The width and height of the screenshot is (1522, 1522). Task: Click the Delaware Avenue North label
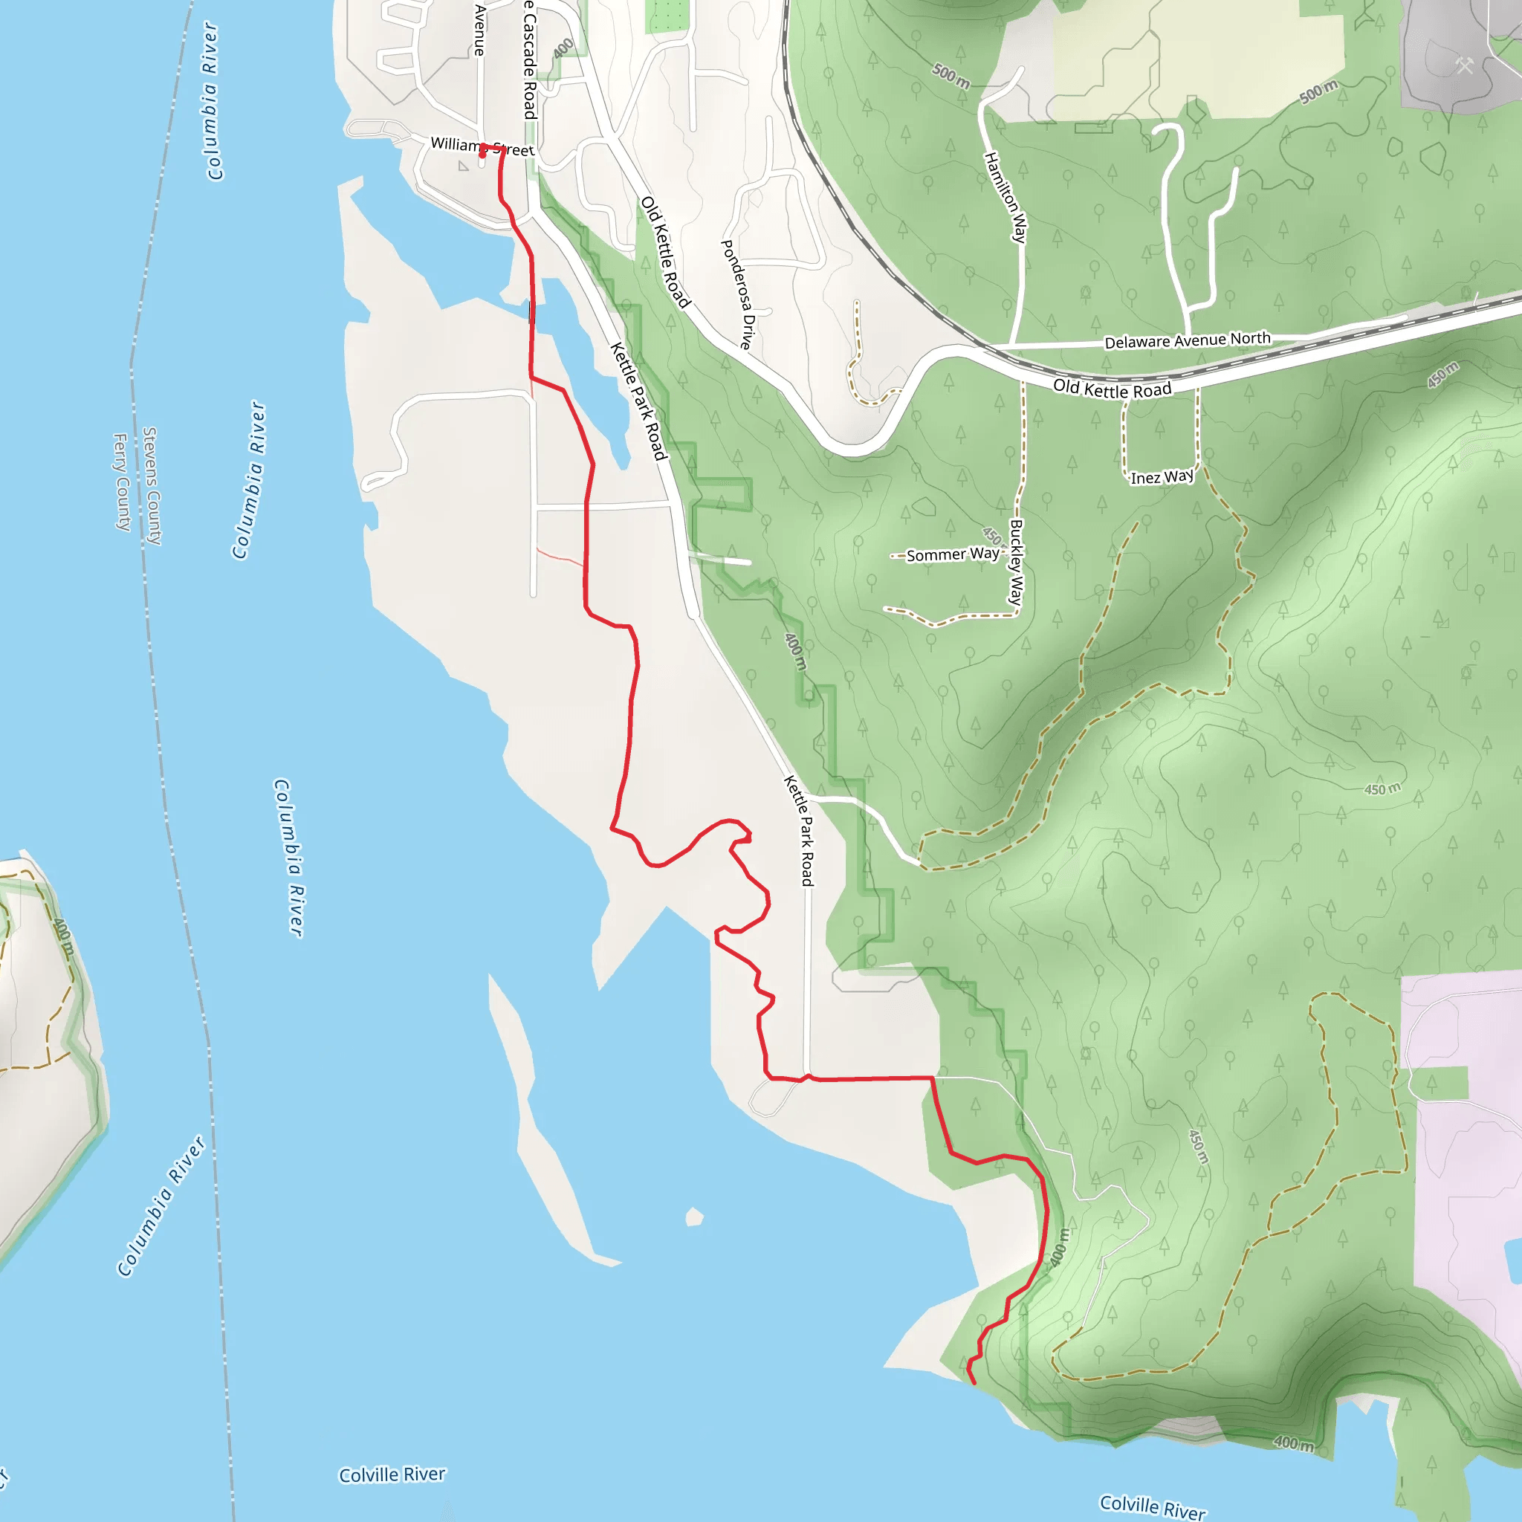tap(1186, 340)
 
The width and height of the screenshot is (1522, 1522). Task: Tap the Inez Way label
tap(1162, 477)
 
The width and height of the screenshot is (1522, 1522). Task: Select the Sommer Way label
tap(953, 554)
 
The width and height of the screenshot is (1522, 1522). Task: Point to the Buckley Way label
tap(1016, 563)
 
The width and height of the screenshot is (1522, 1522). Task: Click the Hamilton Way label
tap(1006, 197)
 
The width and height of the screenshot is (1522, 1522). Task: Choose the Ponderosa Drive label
tap(738, 294)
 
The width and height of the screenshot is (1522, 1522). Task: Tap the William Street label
tap(482, 147)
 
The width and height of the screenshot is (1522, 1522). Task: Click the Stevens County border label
tap(152, 485)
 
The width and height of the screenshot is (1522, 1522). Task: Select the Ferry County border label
tap(122, 482)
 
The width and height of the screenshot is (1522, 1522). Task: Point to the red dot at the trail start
tap(482, 155)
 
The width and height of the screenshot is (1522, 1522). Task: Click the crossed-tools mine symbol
tap(1464, 65)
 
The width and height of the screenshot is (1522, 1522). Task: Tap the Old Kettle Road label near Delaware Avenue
tap(1113, 389)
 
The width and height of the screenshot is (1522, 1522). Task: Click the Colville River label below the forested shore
tap(1152, 1506)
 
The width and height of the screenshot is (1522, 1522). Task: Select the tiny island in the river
tap(694, 1217)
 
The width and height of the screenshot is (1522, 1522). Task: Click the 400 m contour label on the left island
tap(63, 936)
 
